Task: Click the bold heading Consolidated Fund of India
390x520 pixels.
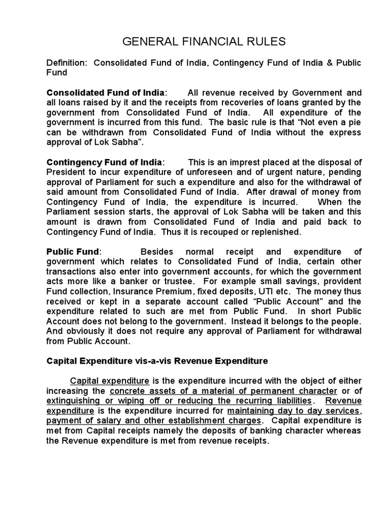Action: tap(106, 92)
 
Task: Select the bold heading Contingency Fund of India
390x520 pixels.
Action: tap(105, 162)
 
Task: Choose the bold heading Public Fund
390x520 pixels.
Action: tap(73, 252)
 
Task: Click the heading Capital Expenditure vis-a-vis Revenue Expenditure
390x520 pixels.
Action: tap(157, 361)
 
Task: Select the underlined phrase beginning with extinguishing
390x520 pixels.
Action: tap(178, 401)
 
